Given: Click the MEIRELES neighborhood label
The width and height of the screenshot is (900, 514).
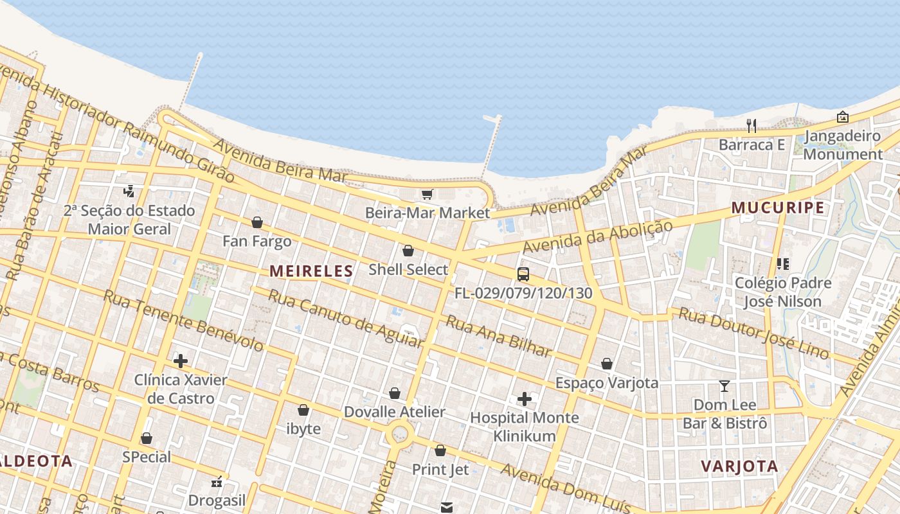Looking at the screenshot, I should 311,271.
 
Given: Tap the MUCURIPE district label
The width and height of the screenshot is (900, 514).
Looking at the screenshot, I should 778,208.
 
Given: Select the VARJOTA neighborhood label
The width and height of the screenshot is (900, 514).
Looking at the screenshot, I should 739,466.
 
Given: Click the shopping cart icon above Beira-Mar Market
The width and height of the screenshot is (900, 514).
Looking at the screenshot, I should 427,194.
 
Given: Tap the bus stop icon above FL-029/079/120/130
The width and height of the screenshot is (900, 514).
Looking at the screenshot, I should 523,274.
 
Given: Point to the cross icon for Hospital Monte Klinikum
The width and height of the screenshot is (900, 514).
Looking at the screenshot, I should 525,399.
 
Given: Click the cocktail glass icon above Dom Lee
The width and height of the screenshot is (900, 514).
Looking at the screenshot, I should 724,386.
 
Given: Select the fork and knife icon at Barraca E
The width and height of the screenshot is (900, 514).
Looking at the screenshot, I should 751,125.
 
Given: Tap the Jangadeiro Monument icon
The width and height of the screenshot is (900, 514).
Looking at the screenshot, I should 842,117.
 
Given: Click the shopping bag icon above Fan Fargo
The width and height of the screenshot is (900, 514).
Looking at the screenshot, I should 257,223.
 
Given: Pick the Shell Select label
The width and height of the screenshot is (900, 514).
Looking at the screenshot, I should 408,269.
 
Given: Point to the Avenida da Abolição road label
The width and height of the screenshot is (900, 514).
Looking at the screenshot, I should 597,236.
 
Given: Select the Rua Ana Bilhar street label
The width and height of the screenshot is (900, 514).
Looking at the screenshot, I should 499,336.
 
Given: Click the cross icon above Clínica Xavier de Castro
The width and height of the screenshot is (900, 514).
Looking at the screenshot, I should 181,361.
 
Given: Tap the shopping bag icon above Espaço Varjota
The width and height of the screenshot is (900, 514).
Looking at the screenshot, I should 607,364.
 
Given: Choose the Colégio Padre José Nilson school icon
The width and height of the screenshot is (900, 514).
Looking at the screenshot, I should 782,264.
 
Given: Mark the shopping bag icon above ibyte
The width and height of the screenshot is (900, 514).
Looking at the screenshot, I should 303,410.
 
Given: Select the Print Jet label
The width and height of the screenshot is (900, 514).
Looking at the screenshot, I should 440,469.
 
